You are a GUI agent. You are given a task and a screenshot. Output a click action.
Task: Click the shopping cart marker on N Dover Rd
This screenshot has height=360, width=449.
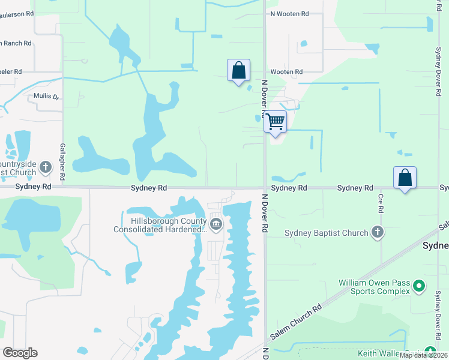[x=275, y=122]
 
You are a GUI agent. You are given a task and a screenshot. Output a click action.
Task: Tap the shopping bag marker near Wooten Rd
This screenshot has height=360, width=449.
[x=238, y=70]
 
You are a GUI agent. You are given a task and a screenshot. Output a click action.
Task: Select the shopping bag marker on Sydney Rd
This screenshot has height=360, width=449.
[x=405, y=178]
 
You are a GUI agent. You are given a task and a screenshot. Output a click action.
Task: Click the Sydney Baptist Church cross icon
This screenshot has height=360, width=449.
[x=377, y=233]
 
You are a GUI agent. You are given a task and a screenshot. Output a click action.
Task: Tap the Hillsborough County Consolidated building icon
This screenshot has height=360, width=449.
[x=216, y=225]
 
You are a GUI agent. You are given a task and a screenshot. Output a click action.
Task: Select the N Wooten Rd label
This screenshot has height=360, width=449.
[x=289, y=13]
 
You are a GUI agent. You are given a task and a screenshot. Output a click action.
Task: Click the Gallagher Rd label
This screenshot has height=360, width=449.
[x=62, y=162]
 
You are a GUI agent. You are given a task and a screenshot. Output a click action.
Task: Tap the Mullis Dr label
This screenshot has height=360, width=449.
[x=46, y=96]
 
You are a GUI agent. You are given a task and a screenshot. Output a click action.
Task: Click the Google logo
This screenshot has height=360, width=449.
[x=20, y=353]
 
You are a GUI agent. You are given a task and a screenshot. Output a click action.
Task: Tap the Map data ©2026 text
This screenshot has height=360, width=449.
[x=424, y=355]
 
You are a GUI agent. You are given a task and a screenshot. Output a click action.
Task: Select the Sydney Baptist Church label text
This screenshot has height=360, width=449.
[x=326, y=233]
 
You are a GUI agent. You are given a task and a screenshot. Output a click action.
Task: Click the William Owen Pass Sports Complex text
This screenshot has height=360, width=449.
[x=374, y=286]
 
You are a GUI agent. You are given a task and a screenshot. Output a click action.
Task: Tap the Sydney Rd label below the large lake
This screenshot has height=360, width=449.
[x=149, y=188]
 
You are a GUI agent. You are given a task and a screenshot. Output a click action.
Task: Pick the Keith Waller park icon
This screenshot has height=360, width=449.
[x=430, y=352]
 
